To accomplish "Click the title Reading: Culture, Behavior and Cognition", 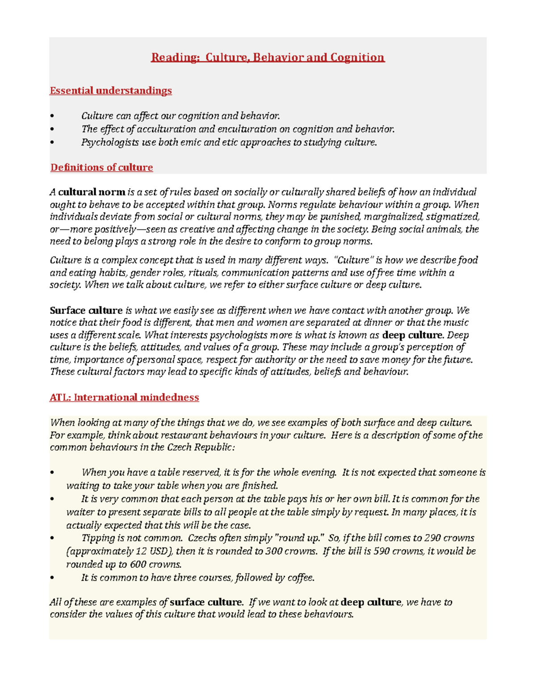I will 268,58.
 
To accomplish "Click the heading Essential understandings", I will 110,91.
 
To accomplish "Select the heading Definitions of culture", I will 101,167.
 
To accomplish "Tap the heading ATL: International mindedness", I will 124,397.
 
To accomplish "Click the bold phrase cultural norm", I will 92,192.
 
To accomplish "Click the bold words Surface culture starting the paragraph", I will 86,311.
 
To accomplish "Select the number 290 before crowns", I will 433,538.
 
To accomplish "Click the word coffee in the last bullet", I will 301,577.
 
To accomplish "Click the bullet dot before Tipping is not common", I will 52,538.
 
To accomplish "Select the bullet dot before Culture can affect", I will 52,116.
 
